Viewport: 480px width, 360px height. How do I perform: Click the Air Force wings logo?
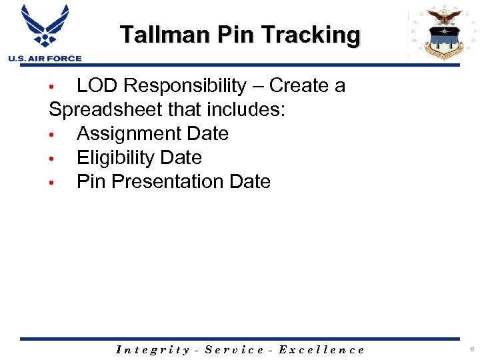click(x=45, y=27)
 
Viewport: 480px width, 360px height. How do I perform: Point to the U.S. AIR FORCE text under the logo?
click(x=45, y=59)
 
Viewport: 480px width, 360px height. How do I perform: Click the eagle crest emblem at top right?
click(x=444, y=32)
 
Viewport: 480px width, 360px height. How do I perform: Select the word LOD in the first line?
click(x=97, y=86)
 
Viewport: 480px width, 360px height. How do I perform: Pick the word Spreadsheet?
click(x=107, y=110)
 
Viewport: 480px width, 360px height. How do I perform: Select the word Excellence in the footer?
click(x=321, y=349)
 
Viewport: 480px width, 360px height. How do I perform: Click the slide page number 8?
click(x=470, y=349)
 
